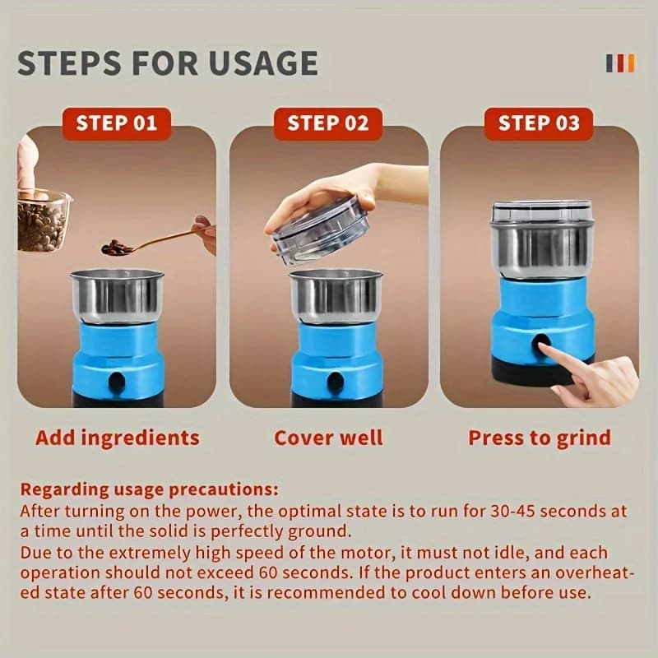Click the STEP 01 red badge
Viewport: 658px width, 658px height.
(x=117, y=123)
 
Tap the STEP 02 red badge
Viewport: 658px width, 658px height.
(x=328, y=123)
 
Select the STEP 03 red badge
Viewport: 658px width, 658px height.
(x=539, y=123)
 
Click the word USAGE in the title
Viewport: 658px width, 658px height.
(x=262, y=63)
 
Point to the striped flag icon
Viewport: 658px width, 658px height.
(x=621, y=63)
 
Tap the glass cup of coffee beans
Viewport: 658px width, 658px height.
(x=43, y=221)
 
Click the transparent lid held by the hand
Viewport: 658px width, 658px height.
(x=321, y=231)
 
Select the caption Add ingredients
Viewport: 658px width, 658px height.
(x=118, y=438)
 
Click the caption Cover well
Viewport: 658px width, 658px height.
(x=328, y=438)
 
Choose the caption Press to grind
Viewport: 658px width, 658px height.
(x=540, y=438)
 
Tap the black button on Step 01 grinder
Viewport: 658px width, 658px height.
(x=117, y=382)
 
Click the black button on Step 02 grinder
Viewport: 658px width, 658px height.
(x=336, y=382)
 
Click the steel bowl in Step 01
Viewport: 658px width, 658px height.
(x=117, y=296)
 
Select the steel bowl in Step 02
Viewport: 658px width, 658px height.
(x=336, y=296)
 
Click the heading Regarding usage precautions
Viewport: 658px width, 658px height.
(x=150, y=489)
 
